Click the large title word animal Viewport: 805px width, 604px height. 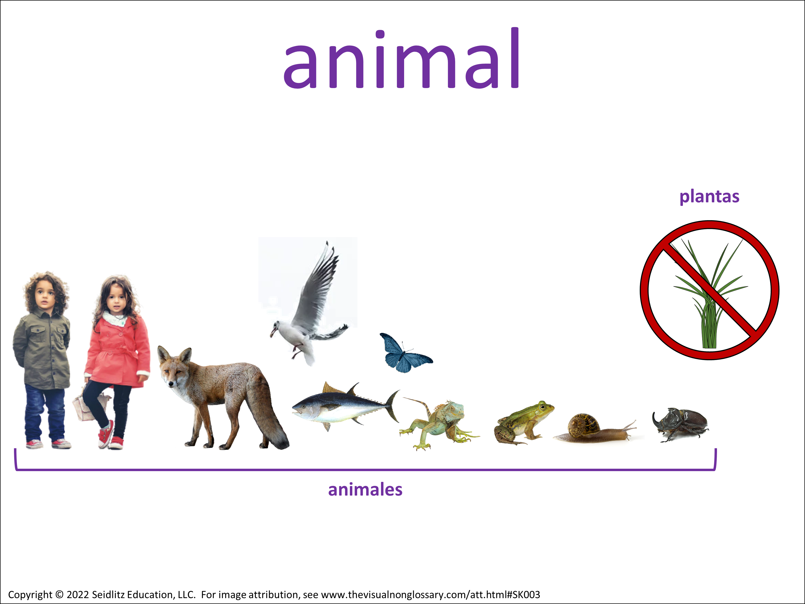click(x=402, y=58)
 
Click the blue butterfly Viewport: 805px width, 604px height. click(x=404, y=352)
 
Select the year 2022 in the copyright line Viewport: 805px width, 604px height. click(x=78, y=595)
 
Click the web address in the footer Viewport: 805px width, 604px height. click(x=430, y=595)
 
